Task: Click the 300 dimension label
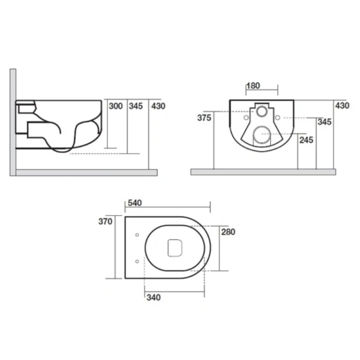click(116, 106)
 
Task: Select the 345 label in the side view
click(136, 106)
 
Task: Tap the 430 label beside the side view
click(158, 106)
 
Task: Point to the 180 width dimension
click(253, 86)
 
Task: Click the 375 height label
click(204, 118)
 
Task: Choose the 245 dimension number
click(306, 140)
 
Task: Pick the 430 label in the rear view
click(343, 106)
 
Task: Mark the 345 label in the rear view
click(325, 122)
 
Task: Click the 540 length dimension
click(135, 203)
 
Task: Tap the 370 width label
click(106, 221)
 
